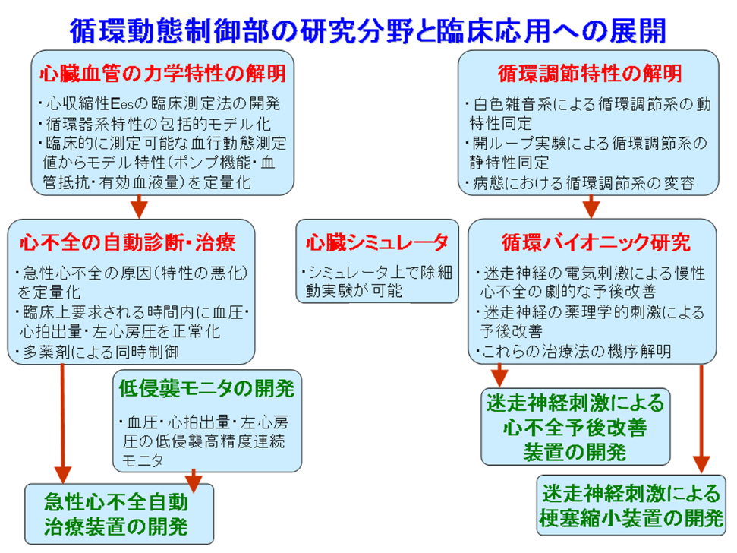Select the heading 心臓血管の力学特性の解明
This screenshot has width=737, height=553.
(x=162, y=74)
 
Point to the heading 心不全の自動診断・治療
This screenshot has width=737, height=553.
(x=127, y=242)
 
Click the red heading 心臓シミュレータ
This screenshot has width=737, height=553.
(x=376, y=242)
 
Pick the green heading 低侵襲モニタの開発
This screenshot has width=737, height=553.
(x=206, y=389)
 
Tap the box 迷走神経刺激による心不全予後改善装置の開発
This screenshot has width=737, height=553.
(x=575, y=426)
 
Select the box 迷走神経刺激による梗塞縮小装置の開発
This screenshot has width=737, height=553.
(x=631, y=507)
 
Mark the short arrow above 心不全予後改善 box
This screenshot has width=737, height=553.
(x=499, y=374)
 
